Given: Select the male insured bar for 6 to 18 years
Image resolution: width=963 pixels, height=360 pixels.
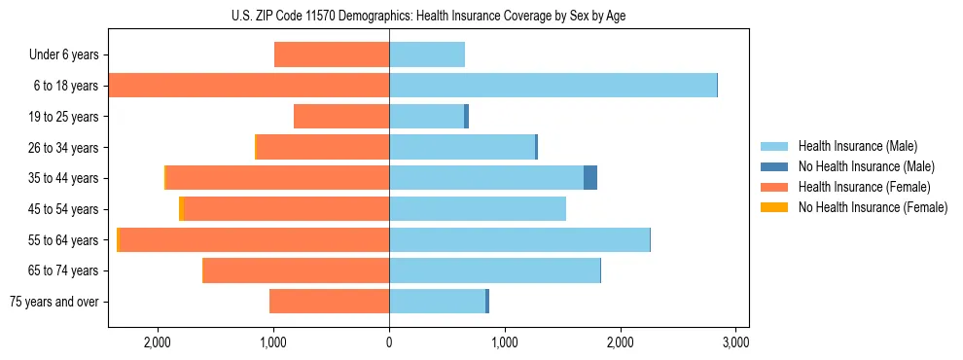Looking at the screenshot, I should pyautogui.click(x=553, y=86).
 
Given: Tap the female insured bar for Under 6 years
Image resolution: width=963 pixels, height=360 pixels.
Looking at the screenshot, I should pyautogui.click(x=332, y=54).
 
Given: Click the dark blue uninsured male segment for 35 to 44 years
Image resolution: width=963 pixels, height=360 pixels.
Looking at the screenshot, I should pyautogui.click(x=589, y=178).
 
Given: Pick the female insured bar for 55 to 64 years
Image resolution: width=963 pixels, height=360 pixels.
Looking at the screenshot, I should pyautogui.click(x=254, y=239).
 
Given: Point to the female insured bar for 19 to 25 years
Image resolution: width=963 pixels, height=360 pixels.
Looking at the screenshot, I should pyautogui.click(x=341, y=117).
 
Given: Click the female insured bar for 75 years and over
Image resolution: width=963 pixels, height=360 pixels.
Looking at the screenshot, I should pyautogui.click(x=329, y=302).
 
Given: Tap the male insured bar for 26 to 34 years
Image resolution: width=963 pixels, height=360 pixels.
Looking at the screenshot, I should pyautogui.click(x=462, y=147).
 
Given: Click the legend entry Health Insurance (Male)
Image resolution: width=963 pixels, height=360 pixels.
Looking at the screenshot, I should pyautogui.click(x=857, y=146).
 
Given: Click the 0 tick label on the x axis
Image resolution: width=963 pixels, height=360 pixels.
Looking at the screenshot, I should pyautogui.click(x=389, y=342).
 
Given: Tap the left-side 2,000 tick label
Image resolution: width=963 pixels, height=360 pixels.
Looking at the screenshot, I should pyautogui.click(x=158, y=342).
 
